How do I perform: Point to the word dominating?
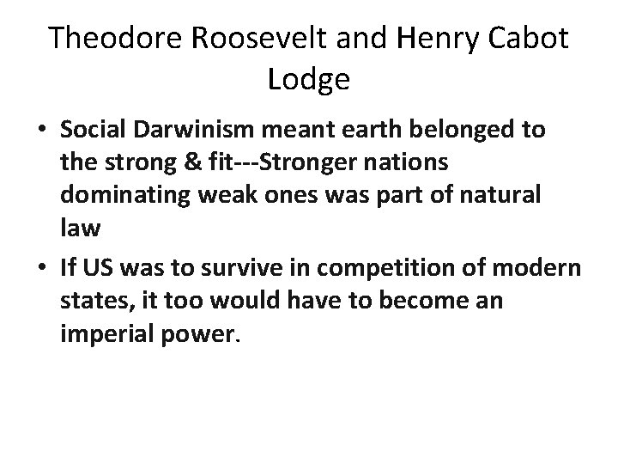pos(118,194)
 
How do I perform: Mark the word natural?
pos(509,194)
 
